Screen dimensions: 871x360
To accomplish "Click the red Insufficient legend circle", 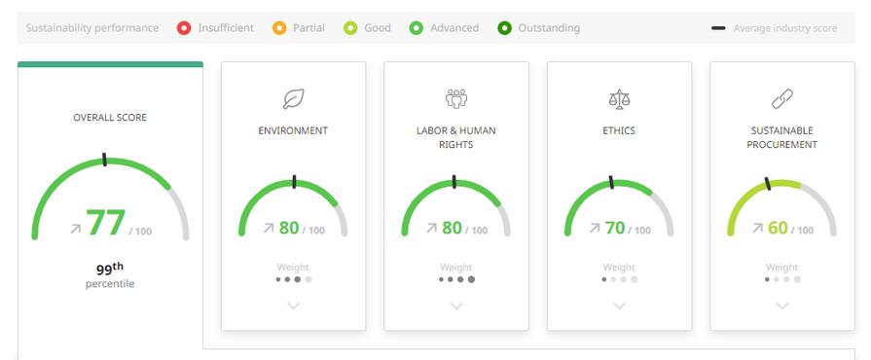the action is tap(184, 28).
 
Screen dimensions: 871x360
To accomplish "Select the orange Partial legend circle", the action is tap(279, 28).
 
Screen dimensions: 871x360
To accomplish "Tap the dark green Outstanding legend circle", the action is tap(504, 28).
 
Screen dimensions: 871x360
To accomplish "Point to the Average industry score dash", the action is tap(718, 28).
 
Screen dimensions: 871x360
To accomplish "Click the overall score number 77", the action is tap(105, 223).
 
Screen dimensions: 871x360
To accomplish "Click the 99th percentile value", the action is tap(109, 269).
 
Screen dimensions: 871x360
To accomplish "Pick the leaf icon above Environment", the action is tap(293, 99).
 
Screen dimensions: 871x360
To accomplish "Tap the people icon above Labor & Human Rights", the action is tap(456, 99).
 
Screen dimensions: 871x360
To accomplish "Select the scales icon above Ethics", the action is tap(619, 99).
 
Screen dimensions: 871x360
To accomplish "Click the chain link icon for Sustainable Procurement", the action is tap(782, 99).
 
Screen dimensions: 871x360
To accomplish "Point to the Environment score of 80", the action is tap(289, 228).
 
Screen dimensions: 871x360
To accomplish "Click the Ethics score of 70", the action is tap(615, 228).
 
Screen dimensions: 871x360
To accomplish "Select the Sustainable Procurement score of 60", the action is tap(778, 228).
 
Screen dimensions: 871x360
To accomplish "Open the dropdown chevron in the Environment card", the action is tap(293, 306).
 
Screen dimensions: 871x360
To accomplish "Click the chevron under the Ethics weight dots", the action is tap(619, 306).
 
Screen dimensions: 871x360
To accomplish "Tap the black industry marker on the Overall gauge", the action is tap(104, 160).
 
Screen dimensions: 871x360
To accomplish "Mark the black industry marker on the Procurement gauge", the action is tap(768, 184).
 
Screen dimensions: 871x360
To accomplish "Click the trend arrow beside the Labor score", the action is tap(431, 228).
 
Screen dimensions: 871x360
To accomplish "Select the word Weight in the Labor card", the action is tap(456, 268).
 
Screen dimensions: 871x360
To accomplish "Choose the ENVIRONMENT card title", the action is tap(293, 130).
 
